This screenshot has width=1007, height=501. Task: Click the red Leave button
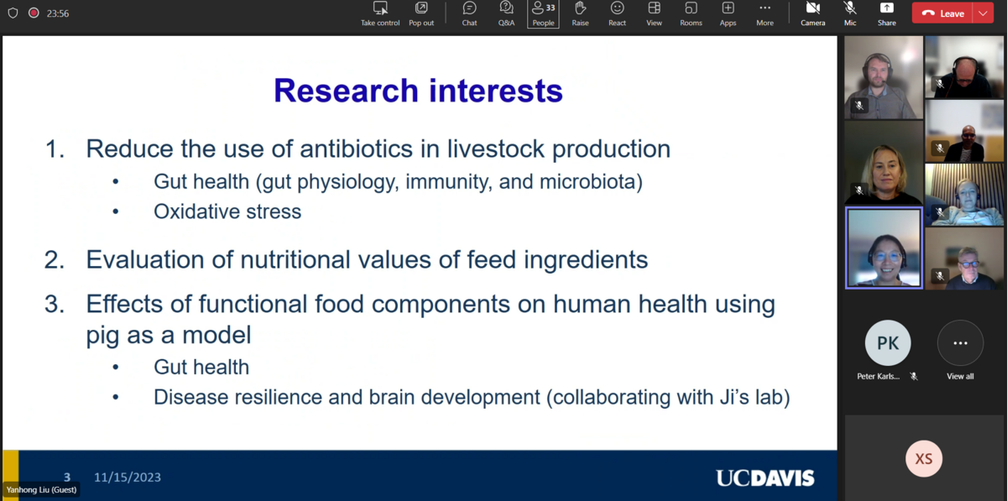click(x=942, y=13)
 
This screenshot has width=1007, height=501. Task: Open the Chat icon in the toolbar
click(x=469, y=14)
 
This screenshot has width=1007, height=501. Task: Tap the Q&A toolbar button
click(x=506, y=14)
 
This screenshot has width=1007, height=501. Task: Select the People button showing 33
click(x=543, y=14)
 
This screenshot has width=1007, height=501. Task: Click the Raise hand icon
click(x=581, y=14)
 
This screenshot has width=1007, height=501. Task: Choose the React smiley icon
click(x=618, y=14)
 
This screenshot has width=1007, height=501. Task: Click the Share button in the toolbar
click(x=886, y=14)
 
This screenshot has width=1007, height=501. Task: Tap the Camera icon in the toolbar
click(x=813, y=14)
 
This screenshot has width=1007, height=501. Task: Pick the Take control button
click(x=380, y=14)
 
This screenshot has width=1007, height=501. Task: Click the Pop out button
click(x=421, y=14)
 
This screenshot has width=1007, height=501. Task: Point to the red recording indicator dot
click(x=34, y=13)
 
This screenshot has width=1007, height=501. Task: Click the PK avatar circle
click(x=888, y=342)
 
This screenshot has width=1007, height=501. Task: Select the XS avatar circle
click(x=924, y=459)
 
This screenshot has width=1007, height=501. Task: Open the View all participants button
click(x=960, y=343)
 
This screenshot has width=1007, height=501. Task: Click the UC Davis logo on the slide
click(x=765, y=478)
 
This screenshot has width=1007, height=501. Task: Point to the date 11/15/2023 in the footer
click(x=128, y=478)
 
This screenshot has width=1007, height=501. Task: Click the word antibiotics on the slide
click(x=357, y=149)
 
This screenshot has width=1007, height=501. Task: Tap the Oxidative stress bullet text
click(x=227, y=211)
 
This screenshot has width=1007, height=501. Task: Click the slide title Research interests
click(x=418, y=91)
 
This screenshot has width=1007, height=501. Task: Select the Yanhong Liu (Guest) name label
click(x=41, y=490)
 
